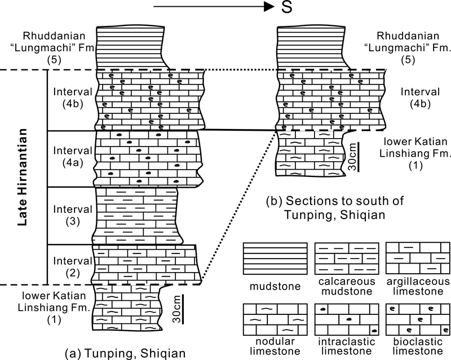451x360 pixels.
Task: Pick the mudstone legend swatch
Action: [x=275, y=260]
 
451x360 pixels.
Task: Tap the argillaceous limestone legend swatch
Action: [x=417, y=260]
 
